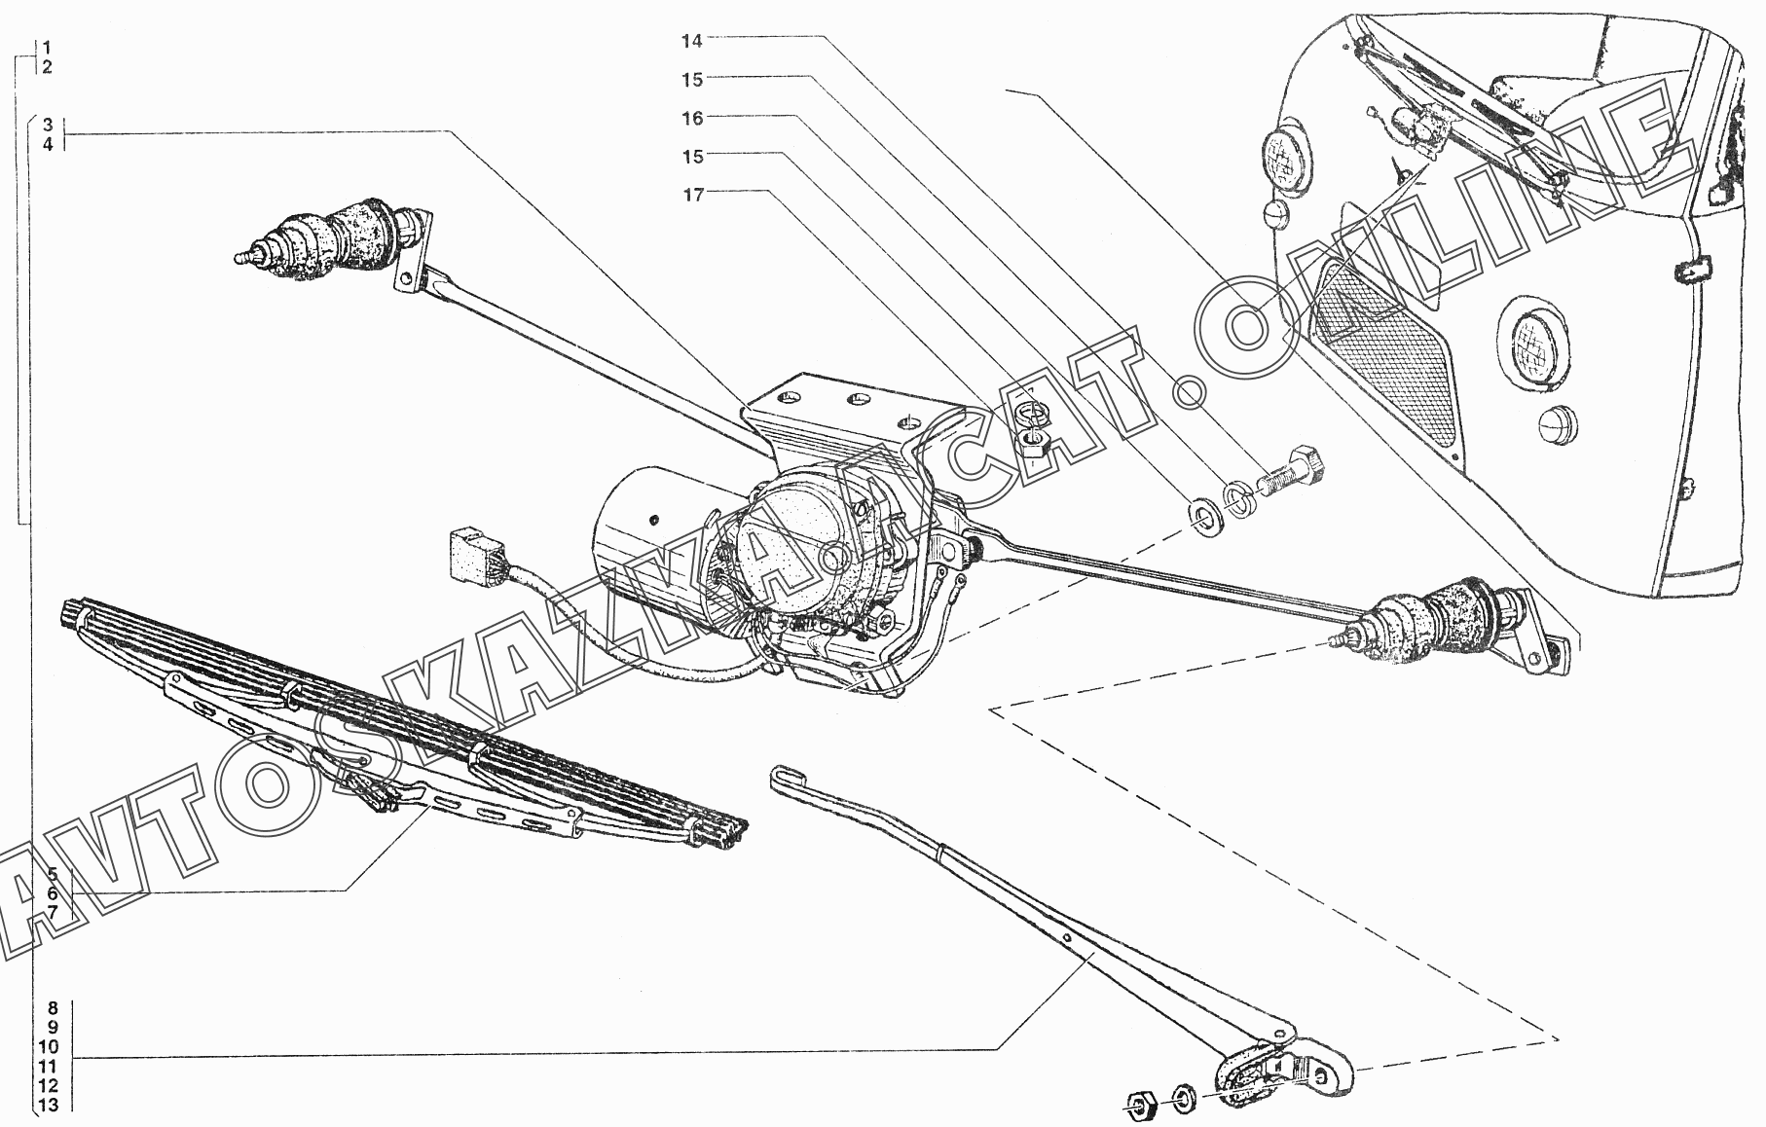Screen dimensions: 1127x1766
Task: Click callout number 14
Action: pos(691,41)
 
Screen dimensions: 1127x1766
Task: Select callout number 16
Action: pos(691,119)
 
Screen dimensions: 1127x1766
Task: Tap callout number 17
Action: pos(691,196)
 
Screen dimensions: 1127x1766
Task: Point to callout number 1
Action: pos(47,48)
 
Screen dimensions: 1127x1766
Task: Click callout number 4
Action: pos(47,145)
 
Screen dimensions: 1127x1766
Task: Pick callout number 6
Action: pos(53,892)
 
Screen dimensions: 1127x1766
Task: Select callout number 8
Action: pos(52,1008)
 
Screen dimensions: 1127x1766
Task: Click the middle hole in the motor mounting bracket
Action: pos(857,400)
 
